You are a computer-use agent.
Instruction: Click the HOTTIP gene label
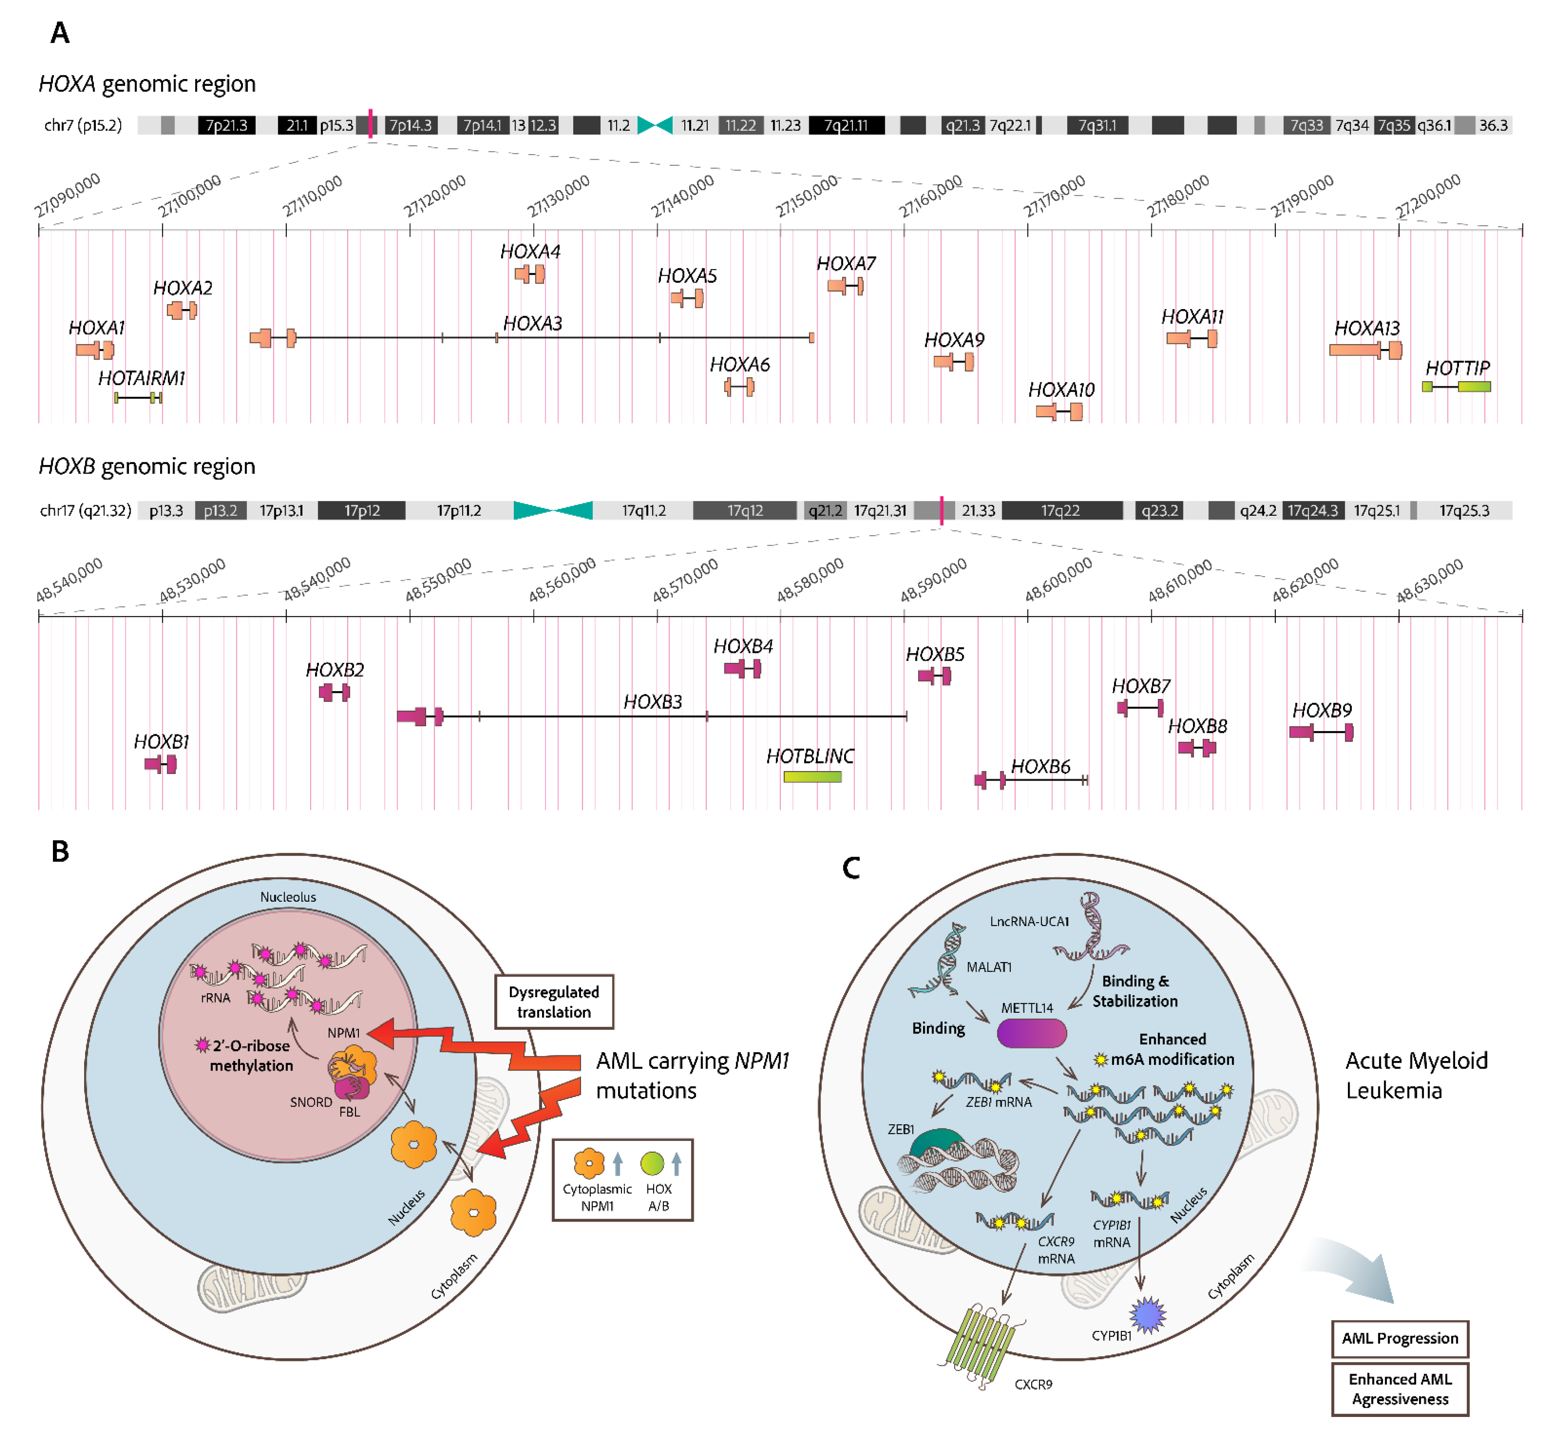tap(1457, 368)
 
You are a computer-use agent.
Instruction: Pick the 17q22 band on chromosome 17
tap(1061, 511)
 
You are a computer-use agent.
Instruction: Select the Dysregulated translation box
tap(553, 1002)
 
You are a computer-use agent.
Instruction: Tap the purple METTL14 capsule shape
tap(1031, 1033)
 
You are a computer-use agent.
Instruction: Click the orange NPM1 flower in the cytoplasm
tap(473, 1213)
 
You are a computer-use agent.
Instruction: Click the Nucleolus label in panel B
tap(288, 897)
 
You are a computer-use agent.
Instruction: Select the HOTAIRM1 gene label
tap(141, 378)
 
